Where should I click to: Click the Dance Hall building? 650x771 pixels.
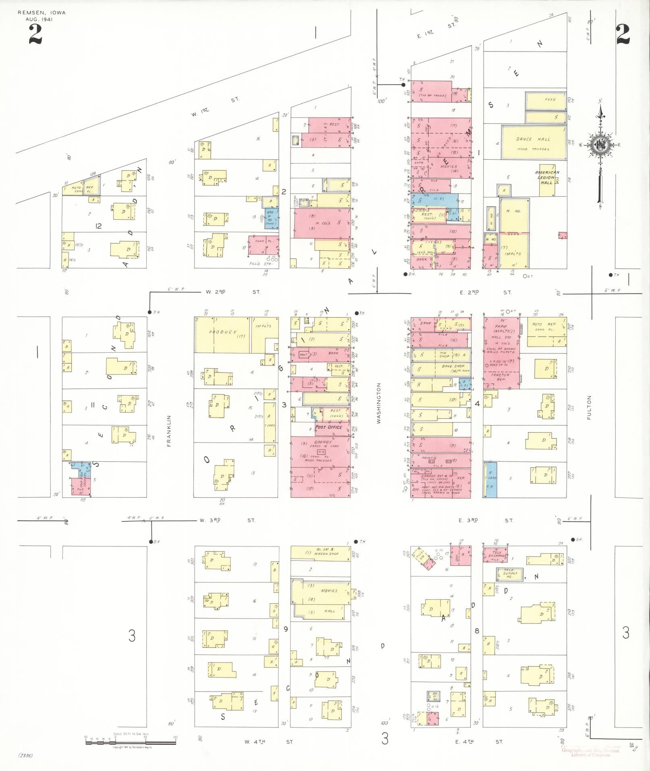tap(534, 142)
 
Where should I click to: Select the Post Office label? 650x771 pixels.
tap(328, 427)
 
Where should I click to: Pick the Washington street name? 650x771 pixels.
tap(378, 403)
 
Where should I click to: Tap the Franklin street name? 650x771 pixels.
tap(169, 431)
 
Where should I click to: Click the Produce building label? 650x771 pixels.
tap(223, 333)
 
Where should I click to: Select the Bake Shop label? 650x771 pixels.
tap(453, 366)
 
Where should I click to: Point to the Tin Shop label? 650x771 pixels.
tap(444, 355)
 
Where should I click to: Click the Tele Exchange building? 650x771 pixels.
tap(495, 555)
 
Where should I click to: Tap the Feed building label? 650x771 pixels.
tap(550, 100)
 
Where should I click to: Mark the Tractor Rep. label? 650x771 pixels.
tap(500, 377)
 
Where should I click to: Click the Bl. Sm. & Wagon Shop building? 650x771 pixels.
tap(321, 553)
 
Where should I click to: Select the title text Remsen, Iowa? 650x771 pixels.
tap(42, 13)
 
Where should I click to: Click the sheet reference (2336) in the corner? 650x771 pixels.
tap(25, 755)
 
